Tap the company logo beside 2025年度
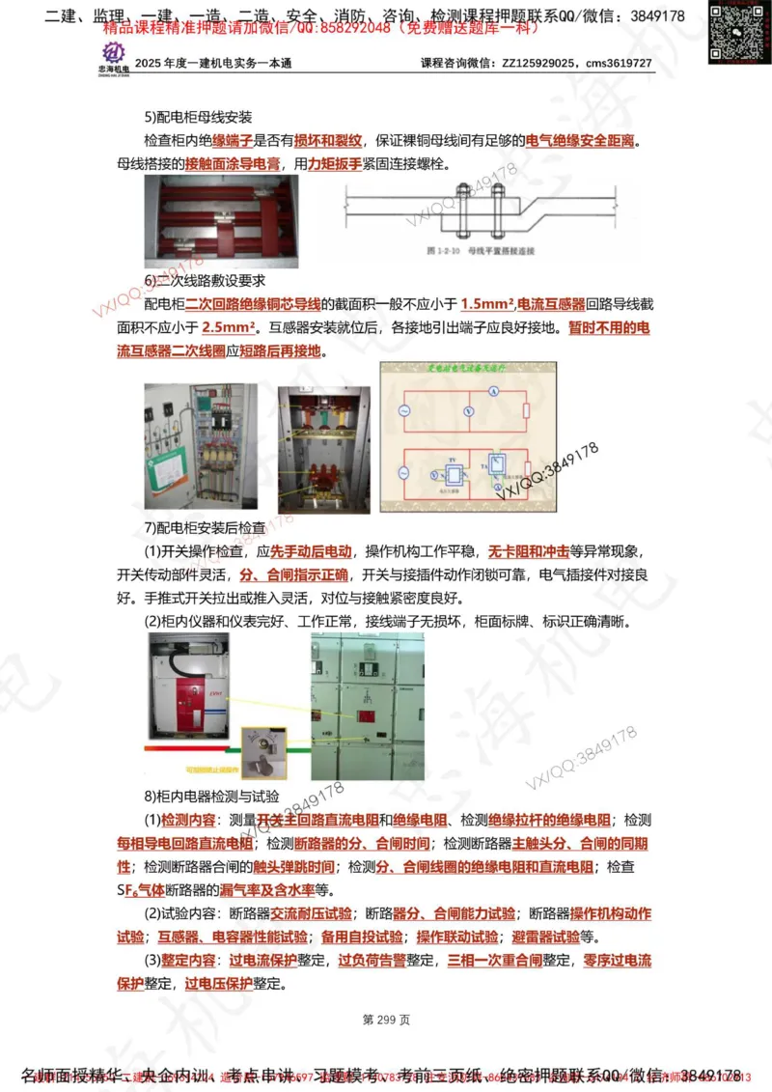click(x=113, y=58)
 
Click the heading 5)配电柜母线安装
click(x=198, y=118)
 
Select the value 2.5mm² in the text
click(x=234, y=328)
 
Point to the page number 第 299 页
click(x=386, y=1020)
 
